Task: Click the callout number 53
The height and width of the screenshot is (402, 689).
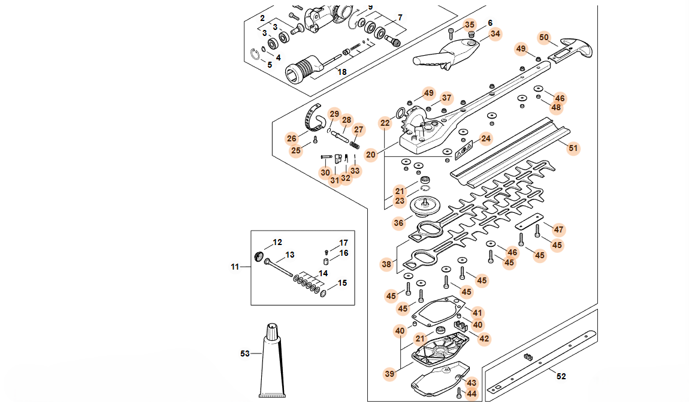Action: [244, 353]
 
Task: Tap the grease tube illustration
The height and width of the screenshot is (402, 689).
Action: [272, 363]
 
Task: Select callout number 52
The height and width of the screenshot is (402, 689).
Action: [561, 376]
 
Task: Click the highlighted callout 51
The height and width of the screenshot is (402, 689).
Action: [573, 148]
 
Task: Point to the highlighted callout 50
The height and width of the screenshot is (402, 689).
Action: [543, 37]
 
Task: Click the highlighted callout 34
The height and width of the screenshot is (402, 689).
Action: [495, 34]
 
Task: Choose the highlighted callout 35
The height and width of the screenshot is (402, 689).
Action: [470, 25]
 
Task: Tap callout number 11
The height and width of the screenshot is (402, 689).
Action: [235, 266]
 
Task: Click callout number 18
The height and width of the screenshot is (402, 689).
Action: [342, 72]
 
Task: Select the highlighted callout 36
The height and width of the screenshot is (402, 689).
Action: [399, 223]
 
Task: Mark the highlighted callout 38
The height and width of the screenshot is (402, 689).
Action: [387, 264]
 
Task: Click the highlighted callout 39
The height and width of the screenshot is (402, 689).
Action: [390, 373]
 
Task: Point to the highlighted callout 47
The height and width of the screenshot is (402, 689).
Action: [558, 229]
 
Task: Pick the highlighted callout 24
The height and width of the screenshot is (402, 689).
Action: [485, 139]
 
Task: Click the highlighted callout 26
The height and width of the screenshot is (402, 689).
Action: [292, 138]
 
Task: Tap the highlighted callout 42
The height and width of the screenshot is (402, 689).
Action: [484, 338]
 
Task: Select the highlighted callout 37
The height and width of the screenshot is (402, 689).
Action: [446, 98]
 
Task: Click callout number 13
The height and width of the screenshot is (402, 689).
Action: [289, 255]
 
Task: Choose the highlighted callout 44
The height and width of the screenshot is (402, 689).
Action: [472, 394]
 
